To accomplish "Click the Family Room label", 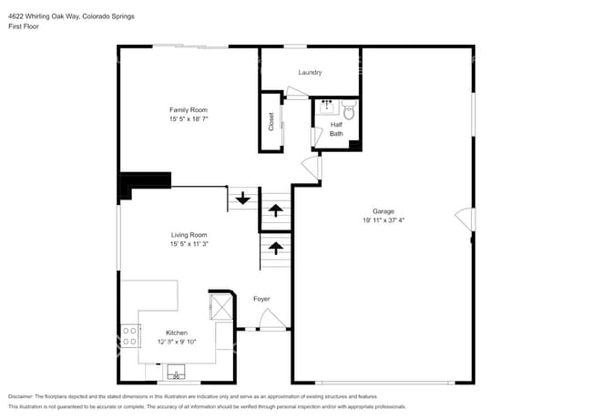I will pos(189,110).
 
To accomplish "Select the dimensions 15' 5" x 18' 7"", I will pos(189,119).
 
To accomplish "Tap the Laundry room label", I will pos(310,72).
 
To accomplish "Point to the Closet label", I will pos(271,121).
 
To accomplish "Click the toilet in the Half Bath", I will pos(348,111).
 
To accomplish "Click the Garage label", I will pos(383,210).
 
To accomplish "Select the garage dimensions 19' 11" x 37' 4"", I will pos(383,220).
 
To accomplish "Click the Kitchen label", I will pos(177,332).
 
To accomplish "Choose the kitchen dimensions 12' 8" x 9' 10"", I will pos(177,342).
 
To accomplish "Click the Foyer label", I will pos(261,299).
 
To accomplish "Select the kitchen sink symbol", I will pos(175,372).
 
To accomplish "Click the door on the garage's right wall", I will pos(465,220).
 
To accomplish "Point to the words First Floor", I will pos(24,26).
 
